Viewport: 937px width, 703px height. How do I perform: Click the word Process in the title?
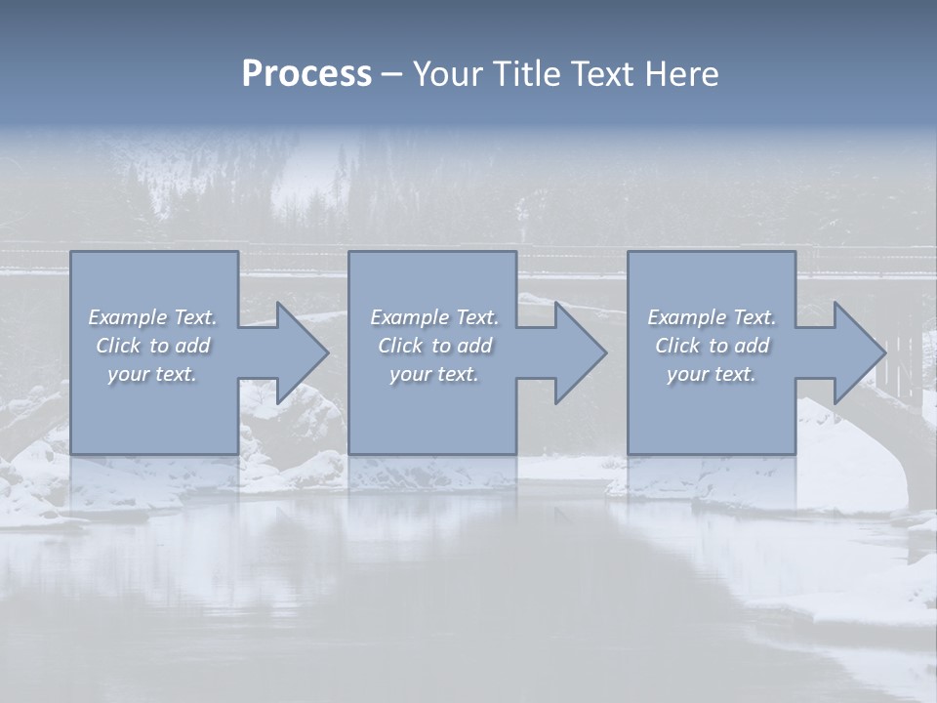(306, 74)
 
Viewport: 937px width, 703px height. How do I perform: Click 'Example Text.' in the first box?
(152, 317)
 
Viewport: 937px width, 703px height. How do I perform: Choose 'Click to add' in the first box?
(152, 346)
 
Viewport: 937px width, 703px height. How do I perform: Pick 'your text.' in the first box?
(152, 374)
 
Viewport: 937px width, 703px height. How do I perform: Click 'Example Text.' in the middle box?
(434, 317)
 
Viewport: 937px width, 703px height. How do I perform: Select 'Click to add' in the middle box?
(434, 346)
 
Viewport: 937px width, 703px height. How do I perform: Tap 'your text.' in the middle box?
(434, 374)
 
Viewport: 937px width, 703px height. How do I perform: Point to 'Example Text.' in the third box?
(712, 317)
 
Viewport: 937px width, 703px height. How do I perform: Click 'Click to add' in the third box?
(712, 346)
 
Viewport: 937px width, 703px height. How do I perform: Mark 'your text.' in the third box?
(712, 374)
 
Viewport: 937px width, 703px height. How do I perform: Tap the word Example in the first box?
(128, 317)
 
